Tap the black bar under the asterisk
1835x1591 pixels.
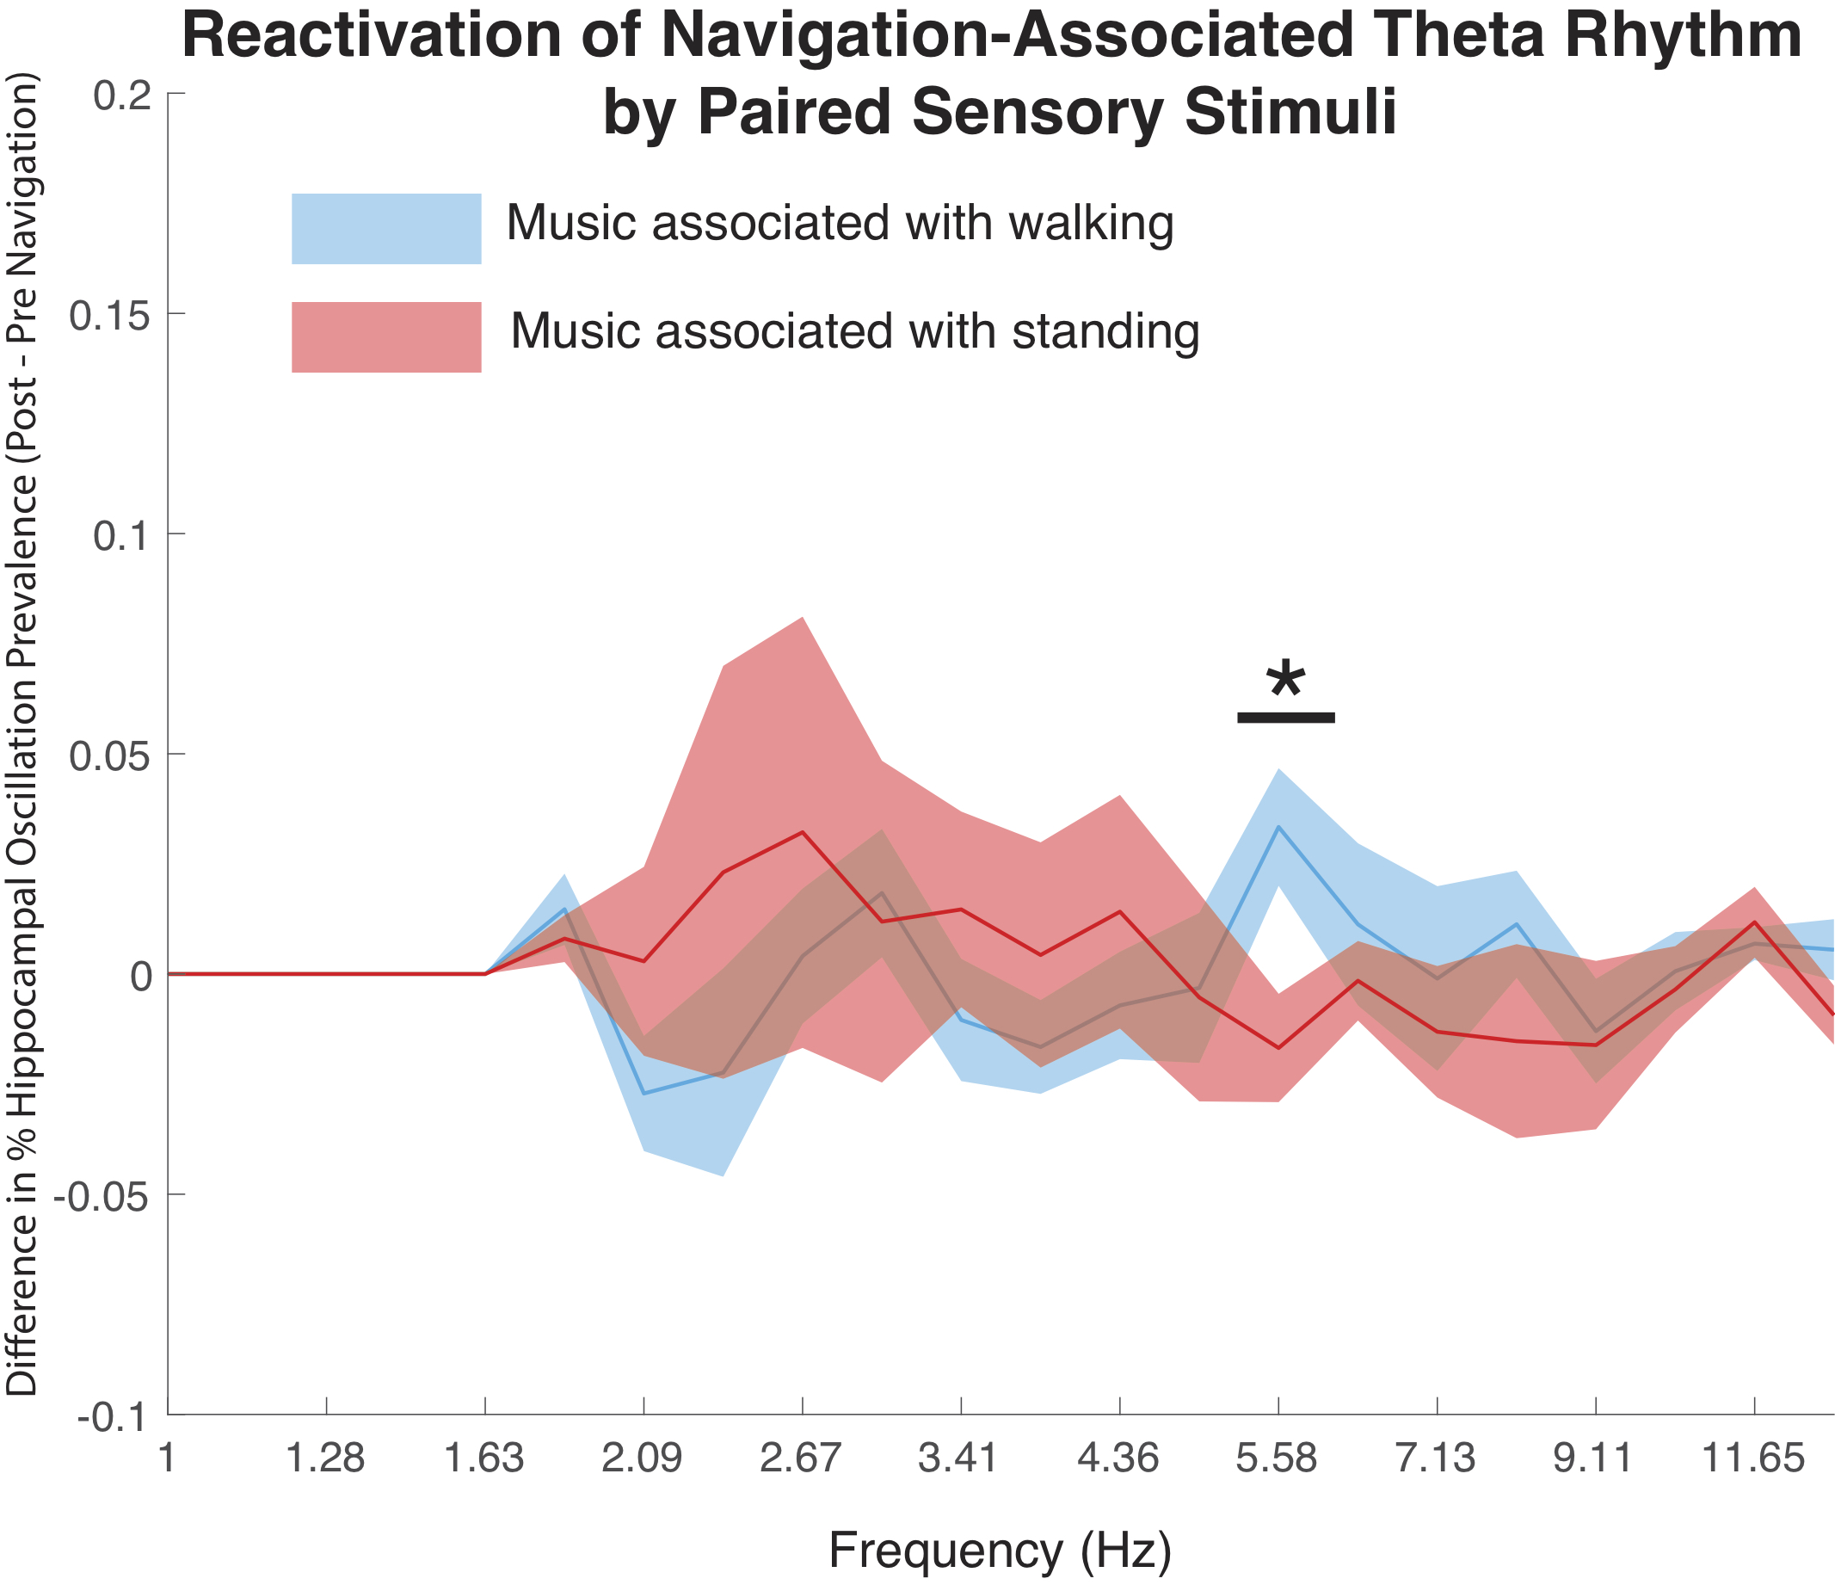pos(1285,718)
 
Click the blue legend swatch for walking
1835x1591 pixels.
pos(386,228)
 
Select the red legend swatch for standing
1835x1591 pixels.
pos(386,336)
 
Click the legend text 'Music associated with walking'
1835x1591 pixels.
pos(839,223)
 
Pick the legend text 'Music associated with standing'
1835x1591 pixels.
pos(855,331)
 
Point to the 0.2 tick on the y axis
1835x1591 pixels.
pos(117,94)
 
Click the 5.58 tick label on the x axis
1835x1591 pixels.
pos(1278,1458)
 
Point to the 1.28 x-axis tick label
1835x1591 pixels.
pos(327,1458)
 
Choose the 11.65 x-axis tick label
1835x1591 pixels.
pos(1753,1458)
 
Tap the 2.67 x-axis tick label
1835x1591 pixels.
pos(802,1458)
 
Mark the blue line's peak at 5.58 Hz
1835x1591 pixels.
pos(1278,828)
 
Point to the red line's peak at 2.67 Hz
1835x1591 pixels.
pos(803,832)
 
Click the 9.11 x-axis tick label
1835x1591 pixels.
pos(1595,1458)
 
